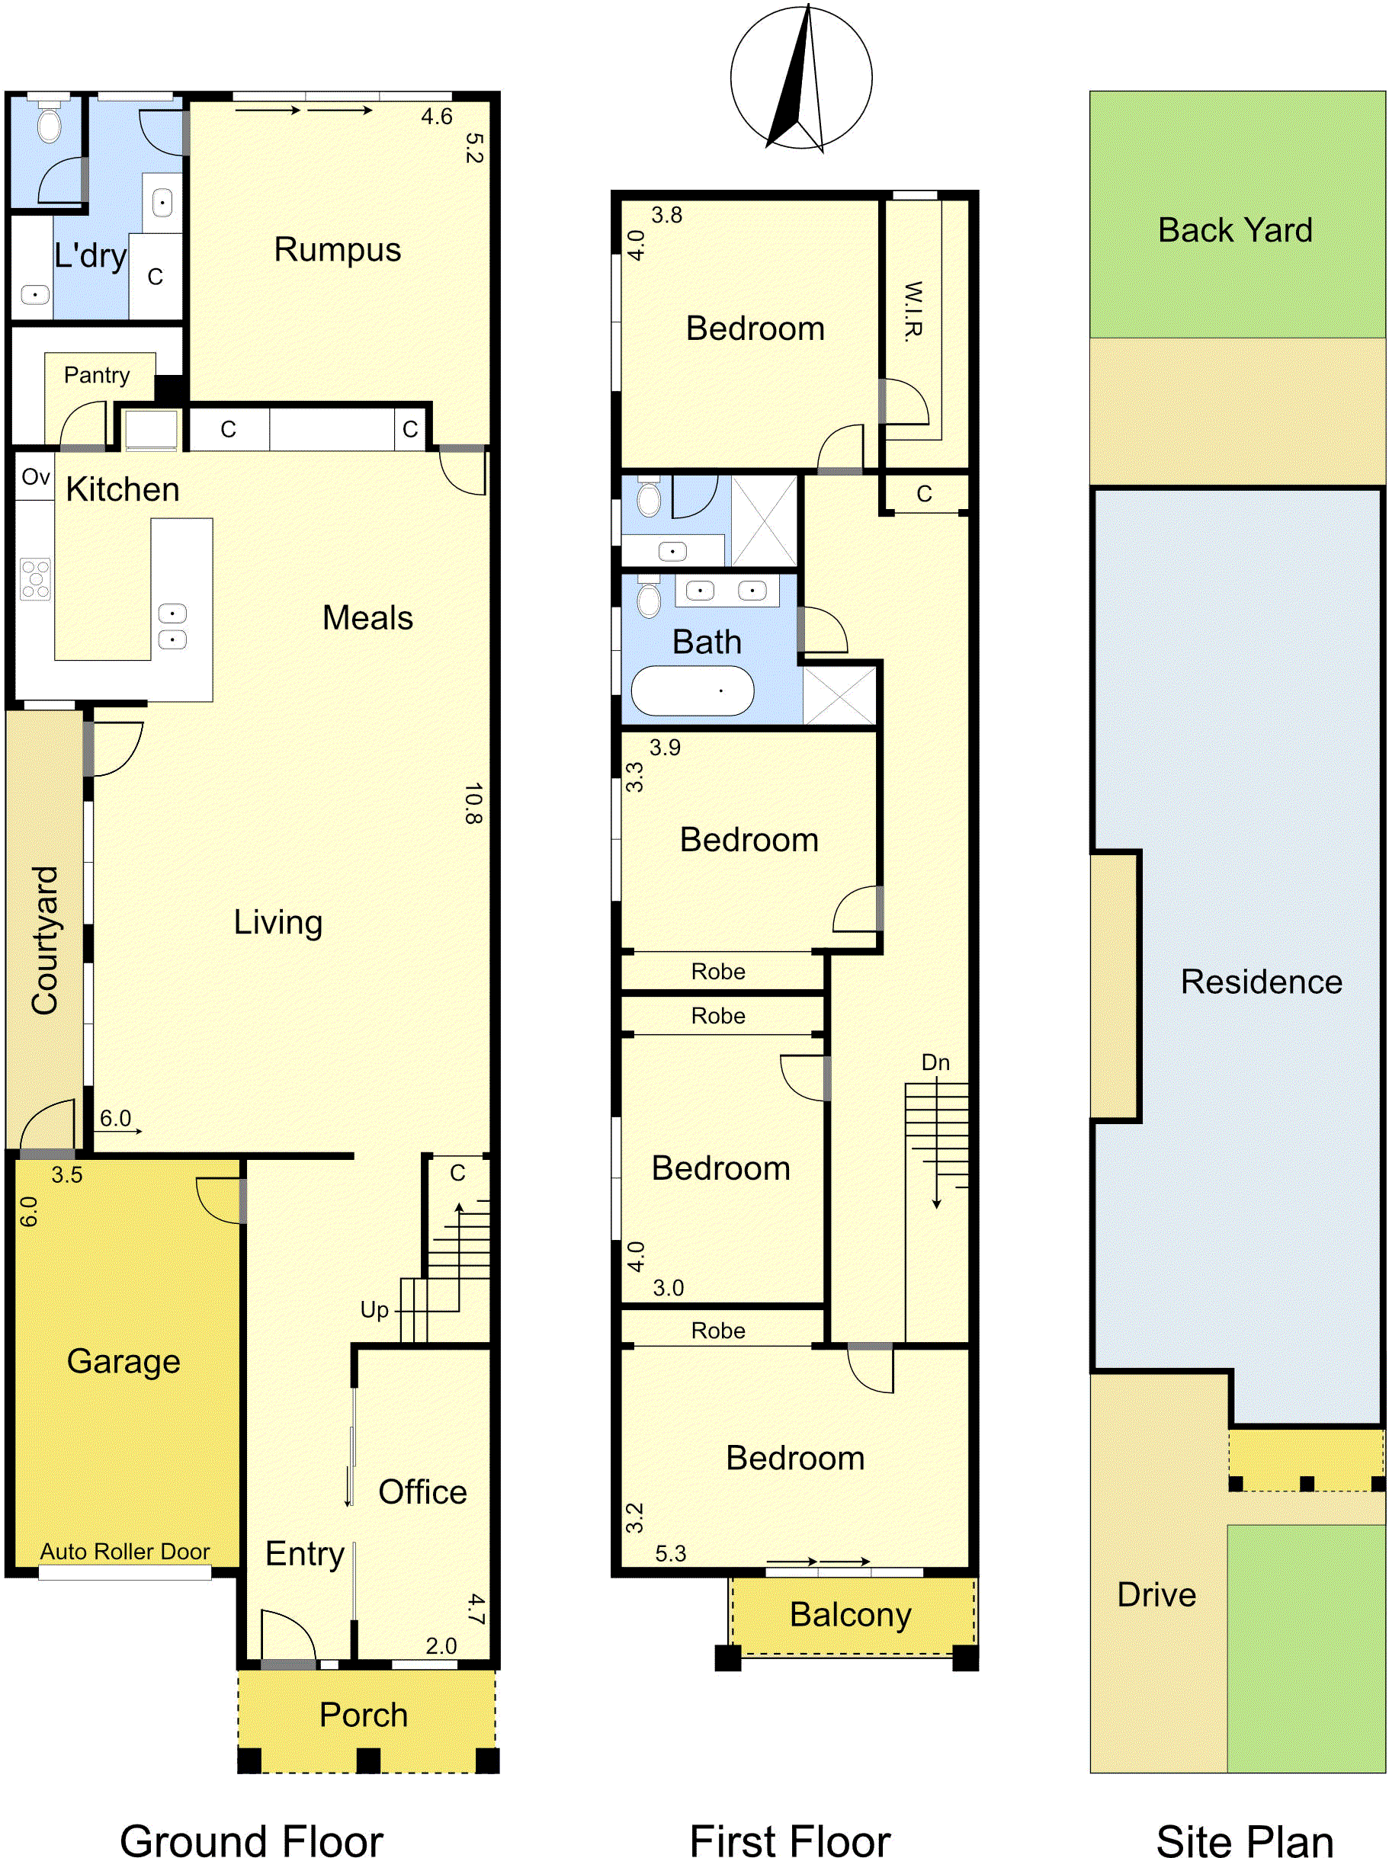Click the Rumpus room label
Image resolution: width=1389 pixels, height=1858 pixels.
click(337, 250)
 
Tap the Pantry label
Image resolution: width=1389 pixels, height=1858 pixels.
click(97, 376)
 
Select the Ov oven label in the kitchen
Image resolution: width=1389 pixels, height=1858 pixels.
click(35, 477)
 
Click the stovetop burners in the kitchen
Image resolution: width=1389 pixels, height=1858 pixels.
click(35, 578)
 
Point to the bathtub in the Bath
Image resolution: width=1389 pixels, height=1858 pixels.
click(692, 691)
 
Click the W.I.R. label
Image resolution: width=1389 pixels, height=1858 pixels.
click(913, 311)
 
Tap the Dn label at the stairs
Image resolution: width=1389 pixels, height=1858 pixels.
click(935, 1062)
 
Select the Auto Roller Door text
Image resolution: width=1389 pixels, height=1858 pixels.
click(125, 1552)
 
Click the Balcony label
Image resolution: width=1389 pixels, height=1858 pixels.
click(850, 1615)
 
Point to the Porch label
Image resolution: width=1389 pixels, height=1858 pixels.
click(363, 1715)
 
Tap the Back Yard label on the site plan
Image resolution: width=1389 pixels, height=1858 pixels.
click(1235, 230)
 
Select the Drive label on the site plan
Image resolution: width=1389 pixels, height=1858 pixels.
click(1156, 1595)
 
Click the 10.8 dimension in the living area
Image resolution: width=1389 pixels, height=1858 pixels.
click(473, 804)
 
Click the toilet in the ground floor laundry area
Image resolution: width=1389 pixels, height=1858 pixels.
click(50, 122)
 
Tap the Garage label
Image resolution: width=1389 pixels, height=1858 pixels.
click(124, 1363)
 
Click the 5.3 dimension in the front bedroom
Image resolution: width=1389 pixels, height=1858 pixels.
click(671, 1554)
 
